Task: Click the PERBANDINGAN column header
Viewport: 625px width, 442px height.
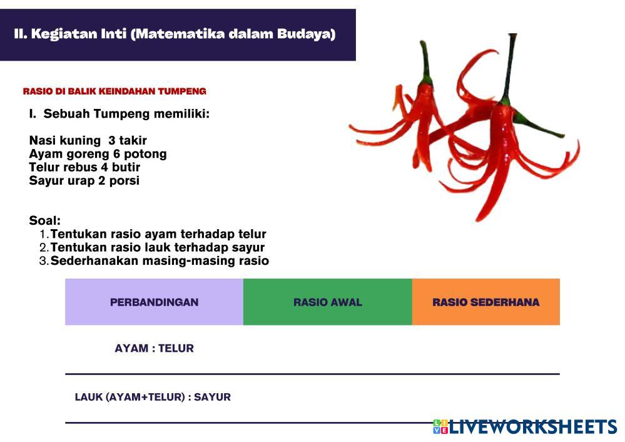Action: click(x=155, y=302)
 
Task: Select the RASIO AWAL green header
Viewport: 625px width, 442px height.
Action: click(x=328, y=302)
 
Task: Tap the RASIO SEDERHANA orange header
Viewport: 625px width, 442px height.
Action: click(x=486, y=302)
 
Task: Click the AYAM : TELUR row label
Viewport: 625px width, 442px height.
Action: click(x=155, y=348)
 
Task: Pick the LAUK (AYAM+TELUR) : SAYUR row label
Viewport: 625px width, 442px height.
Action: click(x=153, y=397)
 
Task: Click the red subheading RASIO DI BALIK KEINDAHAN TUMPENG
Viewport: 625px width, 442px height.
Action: click(x=114, y=91)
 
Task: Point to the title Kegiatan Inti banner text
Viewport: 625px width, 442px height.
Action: click(x=175, y=34)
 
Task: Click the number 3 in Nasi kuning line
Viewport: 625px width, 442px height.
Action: click(x=111, y=140)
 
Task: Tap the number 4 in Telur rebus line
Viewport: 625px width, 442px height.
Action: click(x=104, y=167)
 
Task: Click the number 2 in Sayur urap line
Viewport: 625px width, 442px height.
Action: click(x=101, y=181)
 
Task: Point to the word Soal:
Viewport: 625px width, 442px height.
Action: click(x=44, y=220)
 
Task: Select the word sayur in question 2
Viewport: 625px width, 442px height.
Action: click(x=248, y=247)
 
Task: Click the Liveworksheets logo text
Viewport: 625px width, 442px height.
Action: click(x=533, y=427)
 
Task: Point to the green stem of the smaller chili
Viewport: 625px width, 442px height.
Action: click(x=425, y=64)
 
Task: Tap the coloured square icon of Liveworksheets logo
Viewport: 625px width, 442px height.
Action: click(x=440, y=427)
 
